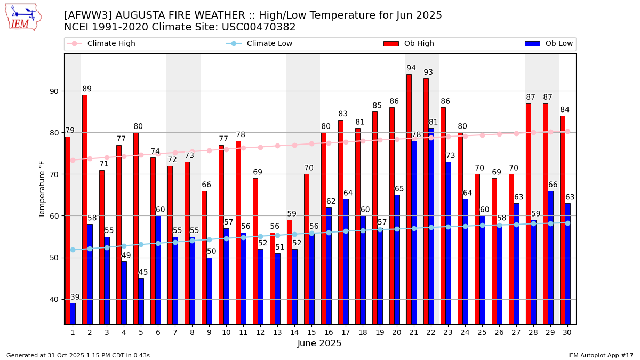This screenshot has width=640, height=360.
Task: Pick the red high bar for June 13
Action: click(273, 278)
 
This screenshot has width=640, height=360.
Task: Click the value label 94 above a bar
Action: click(411, 68)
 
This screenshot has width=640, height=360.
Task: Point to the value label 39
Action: click(75, 298)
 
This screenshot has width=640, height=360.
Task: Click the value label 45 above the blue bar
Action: click(143, 273)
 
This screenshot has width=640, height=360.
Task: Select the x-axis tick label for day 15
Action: click(311, 332)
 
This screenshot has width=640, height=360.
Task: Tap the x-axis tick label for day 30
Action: click(567, 332)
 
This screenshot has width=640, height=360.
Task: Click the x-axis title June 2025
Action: click(319, 343)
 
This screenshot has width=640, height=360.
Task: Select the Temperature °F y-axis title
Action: click(42, 189)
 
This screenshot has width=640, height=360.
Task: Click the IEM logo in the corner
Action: click(23, 17)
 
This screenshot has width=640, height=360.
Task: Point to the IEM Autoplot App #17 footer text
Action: click(600, 355)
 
